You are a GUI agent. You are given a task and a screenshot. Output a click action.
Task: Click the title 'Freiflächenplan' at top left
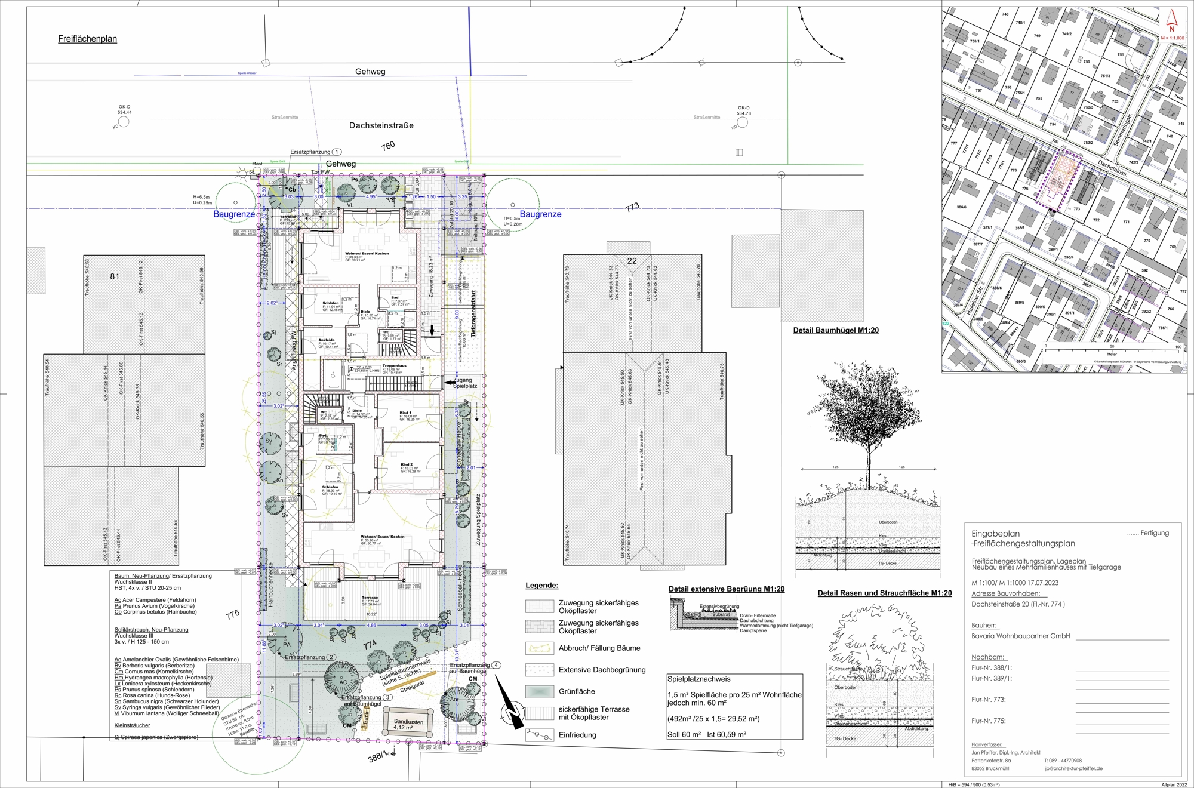[87, 39]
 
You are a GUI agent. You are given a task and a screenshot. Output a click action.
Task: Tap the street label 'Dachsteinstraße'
[381, 125]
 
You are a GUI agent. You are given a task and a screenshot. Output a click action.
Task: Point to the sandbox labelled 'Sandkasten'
[408, 722]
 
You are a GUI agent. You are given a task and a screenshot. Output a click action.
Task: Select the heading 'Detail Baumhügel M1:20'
[836, 330]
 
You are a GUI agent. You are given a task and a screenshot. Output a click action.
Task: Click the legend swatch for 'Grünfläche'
[540, 691]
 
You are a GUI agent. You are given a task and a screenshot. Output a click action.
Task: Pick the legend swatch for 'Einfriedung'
[540, 735]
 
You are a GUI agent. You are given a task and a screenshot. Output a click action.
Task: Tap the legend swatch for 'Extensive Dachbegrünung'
[540, 670]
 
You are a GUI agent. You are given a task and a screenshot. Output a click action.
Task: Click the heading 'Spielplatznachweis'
[698, 679]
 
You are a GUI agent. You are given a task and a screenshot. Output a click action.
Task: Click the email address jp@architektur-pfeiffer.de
[1073, 769]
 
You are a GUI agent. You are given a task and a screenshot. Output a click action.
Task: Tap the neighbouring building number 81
[115, 276]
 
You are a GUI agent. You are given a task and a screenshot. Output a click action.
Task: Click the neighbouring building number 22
[632, 261]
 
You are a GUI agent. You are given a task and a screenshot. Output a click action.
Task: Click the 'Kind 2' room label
[406, 464]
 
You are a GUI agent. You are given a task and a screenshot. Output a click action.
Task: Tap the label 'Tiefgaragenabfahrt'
[473, 314]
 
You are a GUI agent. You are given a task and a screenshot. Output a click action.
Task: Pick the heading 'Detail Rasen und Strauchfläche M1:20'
[885, 593]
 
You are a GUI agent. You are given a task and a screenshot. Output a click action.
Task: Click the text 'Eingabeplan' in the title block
[995, 534]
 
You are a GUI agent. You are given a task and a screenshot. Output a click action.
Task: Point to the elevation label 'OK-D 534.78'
[743, 110]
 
